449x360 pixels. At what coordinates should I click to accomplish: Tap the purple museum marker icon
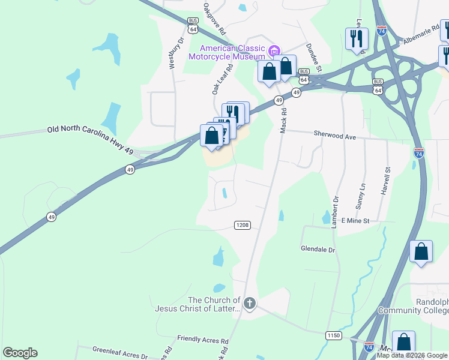coord(275,50)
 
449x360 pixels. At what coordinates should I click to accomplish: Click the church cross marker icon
coord(249,304)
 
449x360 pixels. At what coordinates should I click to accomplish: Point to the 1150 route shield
coord(334,335)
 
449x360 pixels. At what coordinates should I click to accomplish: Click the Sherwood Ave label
coord(335,136)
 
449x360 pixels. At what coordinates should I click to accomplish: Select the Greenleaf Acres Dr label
coord(120,352)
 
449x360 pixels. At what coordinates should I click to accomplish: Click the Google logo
coord(20,353)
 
